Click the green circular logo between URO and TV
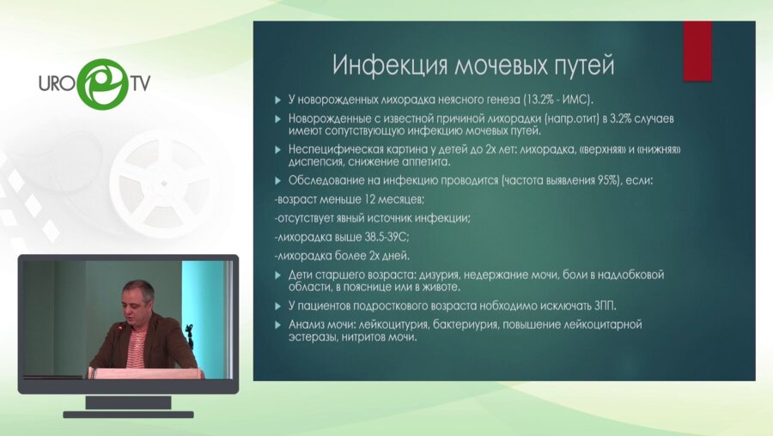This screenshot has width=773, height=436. [103, 83]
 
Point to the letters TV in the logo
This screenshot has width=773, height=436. [139, 84]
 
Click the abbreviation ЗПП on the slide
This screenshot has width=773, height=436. [604, 306]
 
